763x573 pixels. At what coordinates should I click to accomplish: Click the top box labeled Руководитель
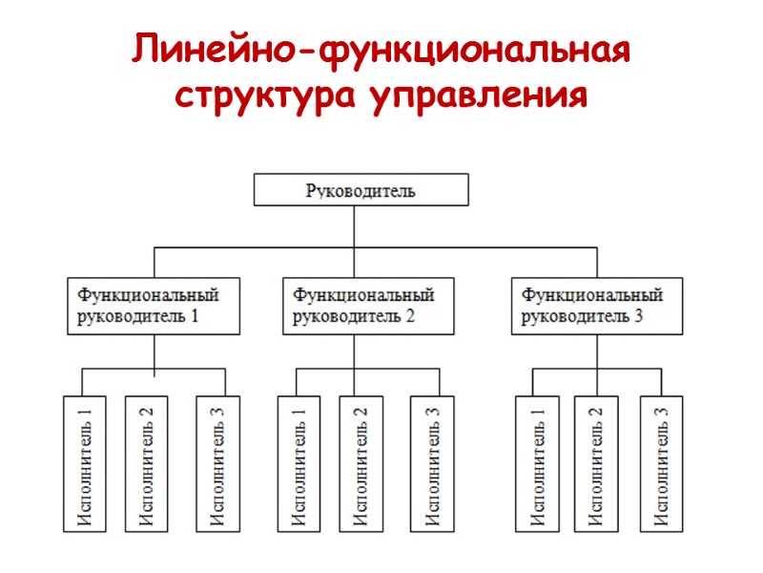[361, 189]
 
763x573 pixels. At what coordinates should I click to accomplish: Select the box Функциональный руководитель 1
[155, 306]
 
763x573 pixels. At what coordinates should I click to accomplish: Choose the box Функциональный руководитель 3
[599, 306]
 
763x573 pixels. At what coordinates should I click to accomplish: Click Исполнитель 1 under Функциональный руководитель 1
[82, 463]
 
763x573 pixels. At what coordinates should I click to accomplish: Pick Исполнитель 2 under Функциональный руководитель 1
[146, 463]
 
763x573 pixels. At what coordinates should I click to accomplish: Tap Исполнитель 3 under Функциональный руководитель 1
[217, 463]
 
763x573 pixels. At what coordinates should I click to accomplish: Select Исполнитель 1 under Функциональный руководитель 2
[297, 463]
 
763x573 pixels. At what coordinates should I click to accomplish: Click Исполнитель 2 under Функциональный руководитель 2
[361, 463]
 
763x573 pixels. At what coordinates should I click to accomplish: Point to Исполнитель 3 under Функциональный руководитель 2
[431, 463]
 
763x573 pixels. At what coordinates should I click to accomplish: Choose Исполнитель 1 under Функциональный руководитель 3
[537, 463]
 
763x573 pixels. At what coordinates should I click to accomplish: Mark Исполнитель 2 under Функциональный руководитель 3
[596, 463]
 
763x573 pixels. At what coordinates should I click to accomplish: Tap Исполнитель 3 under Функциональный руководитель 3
[661, 463]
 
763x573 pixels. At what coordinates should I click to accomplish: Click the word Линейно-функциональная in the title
[381, 51]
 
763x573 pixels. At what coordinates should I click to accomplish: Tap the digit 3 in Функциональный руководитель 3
[639, 318]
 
